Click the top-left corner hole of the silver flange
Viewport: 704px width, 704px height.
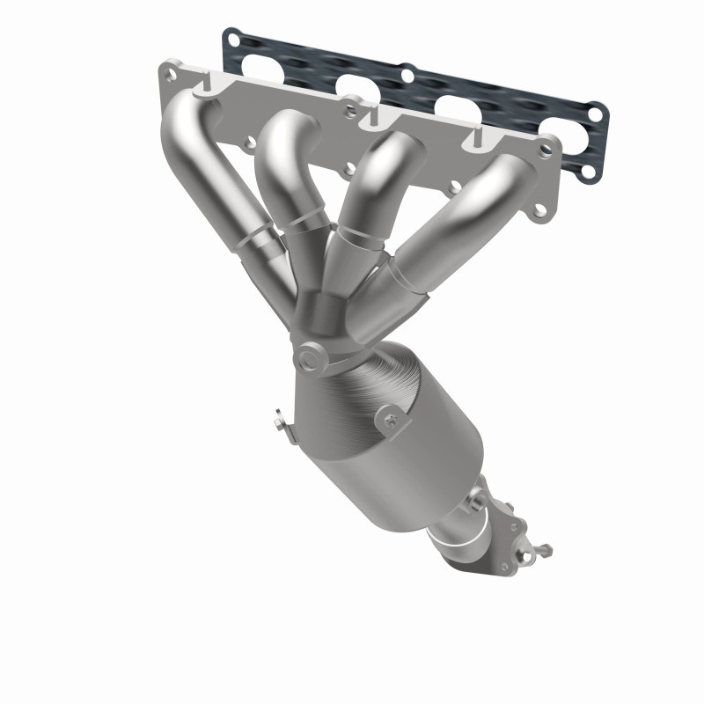(x=168, y=69)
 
